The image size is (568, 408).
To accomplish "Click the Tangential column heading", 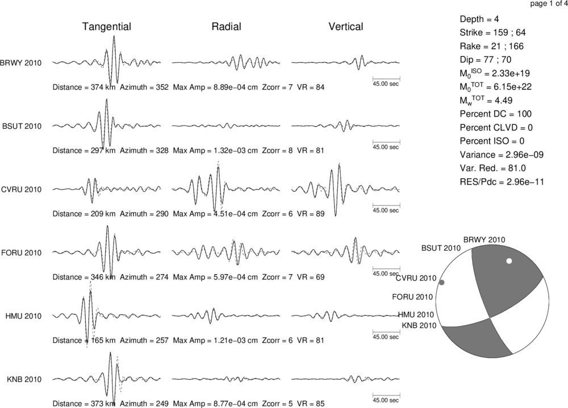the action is point(107,27).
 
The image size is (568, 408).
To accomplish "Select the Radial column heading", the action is point(227,27).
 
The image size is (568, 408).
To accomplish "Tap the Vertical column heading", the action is point(346,27).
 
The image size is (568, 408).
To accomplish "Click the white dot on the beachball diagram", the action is point(509,260).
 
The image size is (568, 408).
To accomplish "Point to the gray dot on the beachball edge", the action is point(441,283).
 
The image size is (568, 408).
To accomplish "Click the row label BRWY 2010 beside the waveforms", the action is point(20,63).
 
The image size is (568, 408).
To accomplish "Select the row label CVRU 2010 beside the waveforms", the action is point(22,190).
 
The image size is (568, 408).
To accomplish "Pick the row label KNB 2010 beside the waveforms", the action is point(24,380).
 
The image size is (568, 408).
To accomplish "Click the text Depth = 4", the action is point(479,19).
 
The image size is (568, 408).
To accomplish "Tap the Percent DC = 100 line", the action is point(495,114).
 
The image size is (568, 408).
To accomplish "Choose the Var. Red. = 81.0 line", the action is point(492,169).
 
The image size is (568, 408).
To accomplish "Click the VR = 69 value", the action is point(311,277).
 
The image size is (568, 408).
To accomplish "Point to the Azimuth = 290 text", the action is point(144,214).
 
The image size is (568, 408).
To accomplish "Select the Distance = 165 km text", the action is point(84,340).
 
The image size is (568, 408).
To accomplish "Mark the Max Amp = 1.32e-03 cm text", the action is point(215,150).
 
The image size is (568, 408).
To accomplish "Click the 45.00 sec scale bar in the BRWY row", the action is point(386,78).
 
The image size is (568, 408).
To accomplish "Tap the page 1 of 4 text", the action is point(549,4).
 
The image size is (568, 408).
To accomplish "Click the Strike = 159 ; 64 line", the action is point(492,32).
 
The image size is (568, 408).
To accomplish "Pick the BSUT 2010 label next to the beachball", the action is point(441,248).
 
